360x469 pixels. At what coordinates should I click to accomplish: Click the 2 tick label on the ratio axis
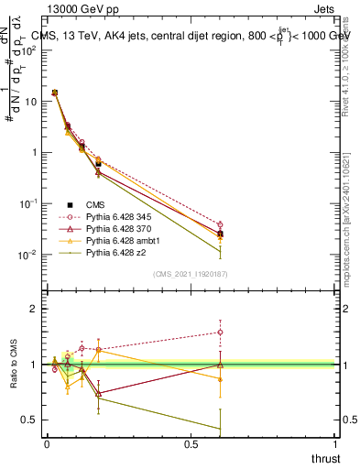pyautogui.click(x=34, y=310)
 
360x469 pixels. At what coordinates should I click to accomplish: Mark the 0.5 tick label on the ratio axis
pyautogui.click(x=30, y=420)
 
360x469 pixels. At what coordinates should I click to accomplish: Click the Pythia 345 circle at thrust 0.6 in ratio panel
pyautogui.click(x=219, y=333)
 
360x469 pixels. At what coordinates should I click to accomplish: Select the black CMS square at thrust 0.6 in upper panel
pyautogui.click(x=219, y=234)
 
